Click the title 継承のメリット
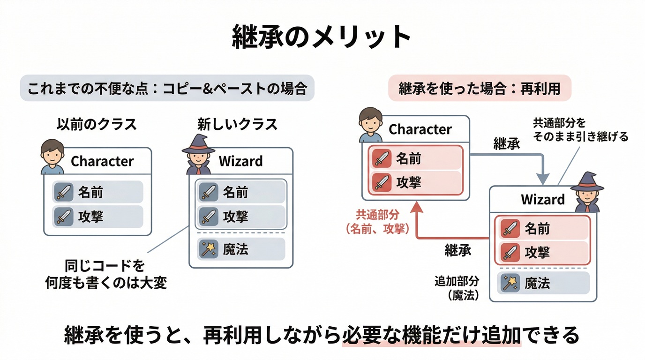322,37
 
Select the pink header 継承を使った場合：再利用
480,88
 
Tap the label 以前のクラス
97,124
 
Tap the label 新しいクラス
237,124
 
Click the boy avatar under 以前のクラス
52,157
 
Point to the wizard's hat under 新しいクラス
198,144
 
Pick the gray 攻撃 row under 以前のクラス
97,217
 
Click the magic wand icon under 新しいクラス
209,249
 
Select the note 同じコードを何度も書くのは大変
106,274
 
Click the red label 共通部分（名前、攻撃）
377,222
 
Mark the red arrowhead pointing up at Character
417,207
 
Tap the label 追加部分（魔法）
457,288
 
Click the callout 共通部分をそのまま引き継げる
580,129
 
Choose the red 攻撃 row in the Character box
416,182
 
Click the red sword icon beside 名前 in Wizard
510,228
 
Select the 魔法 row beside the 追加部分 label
543,283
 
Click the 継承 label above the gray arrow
507,143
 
